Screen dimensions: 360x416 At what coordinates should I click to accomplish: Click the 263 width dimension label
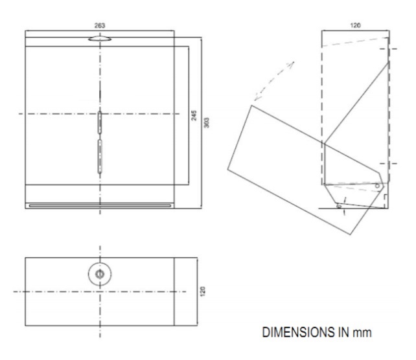[99, 25]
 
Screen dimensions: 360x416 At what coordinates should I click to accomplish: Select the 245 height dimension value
[193, 115]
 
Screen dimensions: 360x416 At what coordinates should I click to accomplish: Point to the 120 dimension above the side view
[356, 25]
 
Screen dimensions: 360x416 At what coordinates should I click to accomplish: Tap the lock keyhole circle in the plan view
[99, 275]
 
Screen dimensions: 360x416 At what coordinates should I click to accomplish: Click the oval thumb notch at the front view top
[99, 39]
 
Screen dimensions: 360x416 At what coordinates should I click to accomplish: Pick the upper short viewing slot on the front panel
[99, 121]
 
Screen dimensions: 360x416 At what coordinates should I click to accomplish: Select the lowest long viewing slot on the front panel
[99, 155]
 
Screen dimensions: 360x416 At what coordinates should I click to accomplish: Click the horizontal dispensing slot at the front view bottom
[99, 206]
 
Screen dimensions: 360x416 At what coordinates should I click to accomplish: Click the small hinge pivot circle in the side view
[378, 186]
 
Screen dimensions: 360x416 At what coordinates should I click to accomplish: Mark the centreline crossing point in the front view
[99, 114]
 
